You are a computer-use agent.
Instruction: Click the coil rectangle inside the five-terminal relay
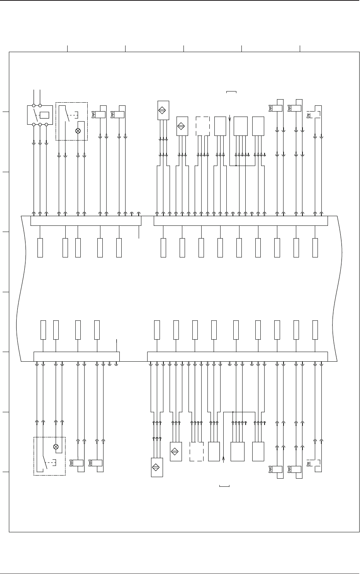pos(44,115)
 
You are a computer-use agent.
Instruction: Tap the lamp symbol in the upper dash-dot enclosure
pos(78,131)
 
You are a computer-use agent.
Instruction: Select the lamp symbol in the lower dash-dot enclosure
pos(56,447)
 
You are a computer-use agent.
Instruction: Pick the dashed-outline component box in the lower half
pos(197,452)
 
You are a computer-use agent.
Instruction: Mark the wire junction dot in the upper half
pos(236,166)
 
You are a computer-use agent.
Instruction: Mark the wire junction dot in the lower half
pos(233,412)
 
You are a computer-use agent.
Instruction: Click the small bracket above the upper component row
pos(231,92)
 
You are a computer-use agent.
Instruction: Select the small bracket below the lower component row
pos(224,486)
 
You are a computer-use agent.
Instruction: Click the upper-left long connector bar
pos(86,221)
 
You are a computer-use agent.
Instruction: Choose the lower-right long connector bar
pos(238,357)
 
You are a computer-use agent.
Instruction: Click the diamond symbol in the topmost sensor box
pos(164,110)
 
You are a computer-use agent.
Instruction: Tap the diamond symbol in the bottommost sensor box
pos(157,467)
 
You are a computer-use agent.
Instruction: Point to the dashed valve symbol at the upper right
pos(314,115)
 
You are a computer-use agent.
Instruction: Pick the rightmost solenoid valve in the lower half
pos(295,469)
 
